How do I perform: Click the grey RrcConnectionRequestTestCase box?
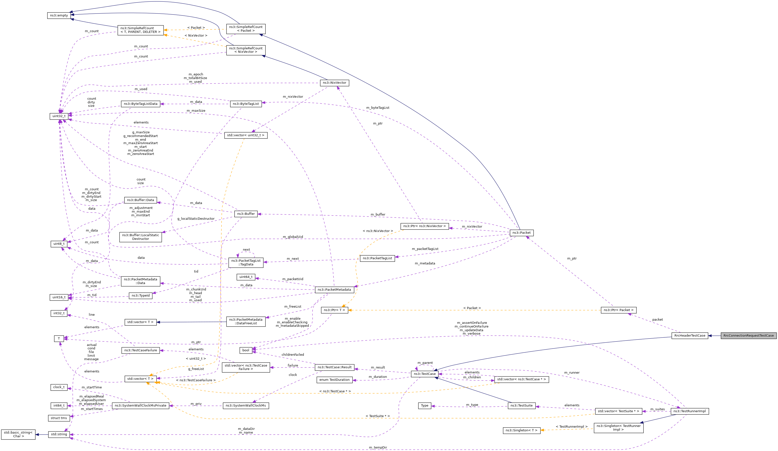coord(748,335)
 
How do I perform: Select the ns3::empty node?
coord(59,15)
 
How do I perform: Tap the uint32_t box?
coord(59,116)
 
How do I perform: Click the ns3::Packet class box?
coord(521,232)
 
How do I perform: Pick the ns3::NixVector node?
coord(334,83)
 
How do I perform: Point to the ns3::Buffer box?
coord(246,214)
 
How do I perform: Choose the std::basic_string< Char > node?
coord(18,434)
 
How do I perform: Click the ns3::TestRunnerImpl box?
coord(689,411)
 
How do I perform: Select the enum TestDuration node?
coord(334,380)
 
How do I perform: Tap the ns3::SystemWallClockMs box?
coord(246,406)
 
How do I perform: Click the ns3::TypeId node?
coord(141,296)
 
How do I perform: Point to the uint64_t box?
coord(246,277)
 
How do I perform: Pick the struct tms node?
coord(59,418)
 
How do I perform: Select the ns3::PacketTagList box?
coord(377,258)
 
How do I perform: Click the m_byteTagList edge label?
coord(378,108)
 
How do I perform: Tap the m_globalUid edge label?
coord(293,237)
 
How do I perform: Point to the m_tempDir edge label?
coord(378,448)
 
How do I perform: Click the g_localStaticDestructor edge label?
coord(196,219)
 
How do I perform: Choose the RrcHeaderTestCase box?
coord(690,335)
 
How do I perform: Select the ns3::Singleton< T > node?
coord(521,430)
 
